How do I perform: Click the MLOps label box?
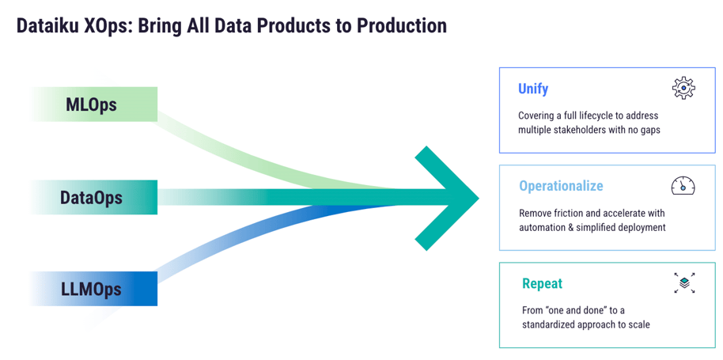click(x=92, y=104)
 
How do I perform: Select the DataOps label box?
click(x=92, y=197)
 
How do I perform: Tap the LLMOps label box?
click(x=92, y=289)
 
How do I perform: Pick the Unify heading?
click(x=533, y=89)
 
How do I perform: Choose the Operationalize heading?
click(x=561, y=187)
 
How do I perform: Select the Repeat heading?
click(x=542, y=283)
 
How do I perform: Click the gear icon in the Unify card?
click(x=683, y=88)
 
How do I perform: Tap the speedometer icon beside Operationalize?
click(x=683, y=186)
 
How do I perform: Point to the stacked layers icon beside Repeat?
click(x=684, y=282)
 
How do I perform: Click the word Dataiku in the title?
click(x=47, y=26)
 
